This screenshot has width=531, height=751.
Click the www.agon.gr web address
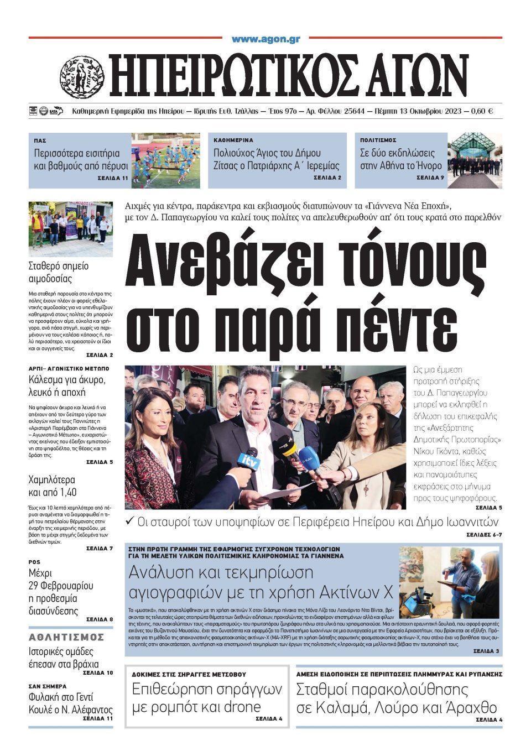(265, 39)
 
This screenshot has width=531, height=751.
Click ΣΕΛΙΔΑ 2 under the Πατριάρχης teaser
(327, 178)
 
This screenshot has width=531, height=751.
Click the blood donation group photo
(70, 228)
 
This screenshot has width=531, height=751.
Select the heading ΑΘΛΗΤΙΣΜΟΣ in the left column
(66, 637)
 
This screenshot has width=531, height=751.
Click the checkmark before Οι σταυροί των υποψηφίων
(130, 521)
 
